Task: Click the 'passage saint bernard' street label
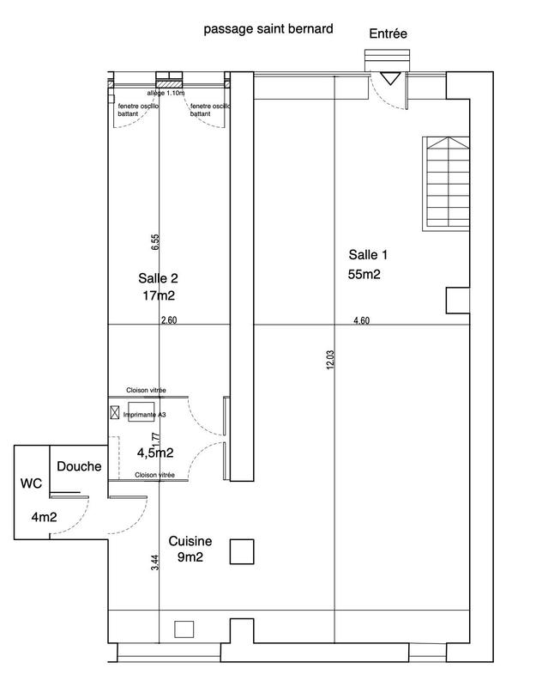pyautogui.click(x=268, y=29)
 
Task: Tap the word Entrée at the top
pyautogui.click(x=388, y=33)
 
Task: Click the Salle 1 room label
pyautogui.click(x=368, y=254)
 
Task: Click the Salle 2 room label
pyautogui.click(x=158, y=278)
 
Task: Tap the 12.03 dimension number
pyautogui.click(x=330, y=360)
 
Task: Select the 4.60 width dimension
pyautogui.click(x=362, y=320)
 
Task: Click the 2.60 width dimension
pyautogui.click(x=169, y=320)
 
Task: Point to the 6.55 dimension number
pyautogui.click(x=155, y=242)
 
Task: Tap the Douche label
pyautogui.click(x=79, y=466)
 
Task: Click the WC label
pyautogui.click(x=31, y=483)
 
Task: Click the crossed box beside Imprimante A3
pyautogui.click(x=115, y=413)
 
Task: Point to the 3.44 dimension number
pyautogui.click(x=155, y=563)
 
